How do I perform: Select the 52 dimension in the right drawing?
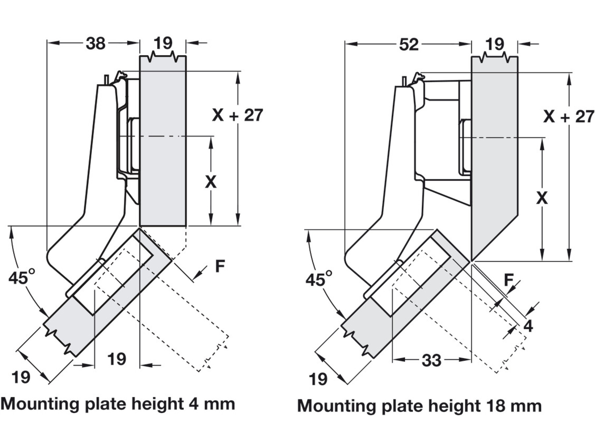pyautogui.click(x=409, y=44)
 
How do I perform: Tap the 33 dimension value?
pyautogui.click(x=431, y=360)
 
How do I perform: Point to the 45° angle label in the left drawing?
pyautogui.click(x=22, y=278)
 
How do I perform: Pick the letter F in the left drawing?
pyautogui.click(x=220, y=266)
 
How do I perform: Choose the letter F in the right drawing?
pyautogui.click(x=509, y=280)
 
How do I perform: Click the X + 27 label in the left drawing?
pyautogui.click(x=237, y=115)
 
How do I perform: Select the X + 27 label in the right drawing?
pyautogui.click(x=569, y=117)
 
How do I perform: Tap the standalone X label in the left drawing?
pyautogui.click(x=211, y=182)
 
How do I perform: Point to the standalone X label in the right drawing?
pyautogui.click(x=542, y=198)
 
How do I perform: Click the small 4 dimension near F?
pyautogui.click(x=528, y=326)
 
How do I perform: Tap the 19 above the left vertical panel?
pyautogui.click(x=163, y=43)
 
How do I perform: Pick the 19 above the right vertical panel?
pyautogui.click(x=495, y=44)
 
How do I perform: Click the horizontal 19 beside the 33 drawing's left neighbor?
pyautogui.click(x=117, y=359)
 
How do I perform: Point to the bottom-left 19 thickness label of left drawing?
pyautogui.click(x=21, y=377)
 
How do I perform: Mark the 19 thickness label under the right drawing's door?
pyautogui.click(x=318, y=379)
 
